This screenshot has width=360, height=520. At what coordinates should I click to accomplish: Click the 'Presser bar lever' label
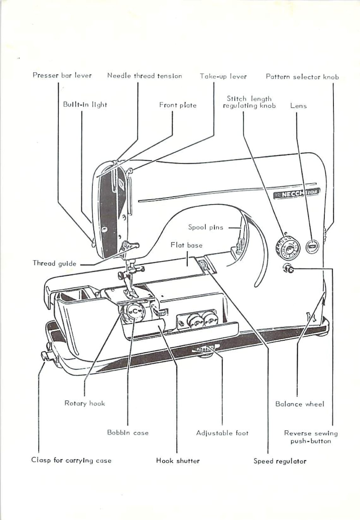pos(62,75)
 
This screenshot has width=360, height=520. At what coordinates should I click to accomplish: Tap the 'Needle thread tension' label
pos(145,76)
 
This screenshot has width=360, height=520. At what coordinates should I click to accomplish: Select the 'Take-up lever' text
pos(223,76)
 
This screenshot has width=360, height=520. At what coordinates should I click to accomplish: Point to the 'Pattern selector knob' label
pos(302,77)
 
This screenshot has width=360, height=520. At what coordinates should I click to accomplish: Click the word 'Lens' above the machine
pos(298,106)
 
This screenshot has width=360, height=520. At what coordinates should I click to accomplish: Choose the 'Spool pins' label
pos(206,227)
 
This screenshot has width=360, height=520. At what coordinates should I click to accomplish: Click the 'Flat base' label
pos(186,245)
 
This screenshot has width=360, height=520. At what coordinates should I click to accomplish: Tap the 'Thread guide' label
pos(54,263)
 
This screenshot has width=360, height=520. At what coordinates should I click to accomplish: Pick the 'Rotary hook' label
pos(85,403)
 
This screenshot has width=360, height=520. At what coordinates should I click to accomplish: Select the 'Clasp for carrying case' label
pos(71,460)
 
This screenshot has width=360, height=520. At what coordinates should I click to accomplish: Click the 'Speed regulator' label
pos(280,461)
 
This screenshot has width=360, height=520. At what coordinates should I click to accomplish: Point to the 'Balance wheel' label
pos(299,404)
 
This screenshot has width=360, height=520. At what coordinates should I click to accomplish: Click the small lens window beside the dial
pos(312,246)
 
